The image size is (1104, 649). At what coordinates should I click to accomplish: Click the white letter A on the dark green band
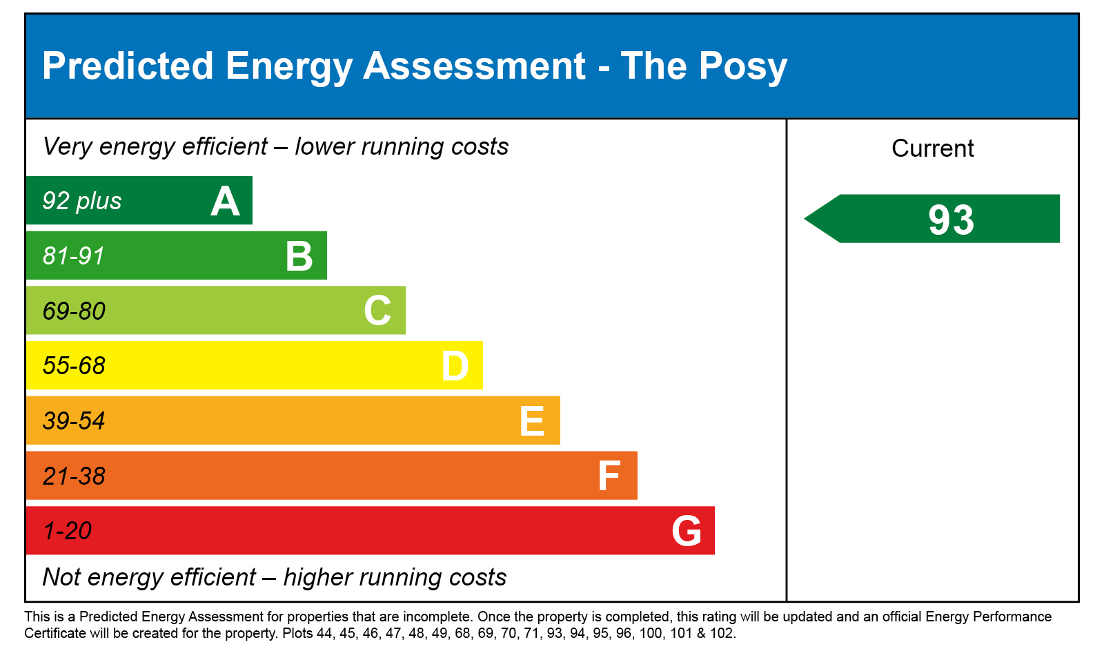pos(225,202)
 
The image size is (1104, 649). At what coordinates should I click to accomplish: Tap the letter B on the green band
pos(299,256)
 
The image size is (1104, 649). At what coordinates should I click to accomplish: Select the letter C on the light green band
pos(377,311)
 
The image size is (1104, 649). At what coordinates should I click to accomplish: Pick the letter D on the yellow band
pos(455,366)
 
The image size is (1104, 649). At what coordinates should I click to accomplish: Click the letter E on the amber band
pos(532,421)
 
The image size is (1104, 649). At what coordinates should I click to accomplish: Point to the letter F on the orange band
pos(609,476)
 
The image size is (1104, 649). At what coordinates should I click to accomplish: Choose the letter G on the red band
pos(687,531)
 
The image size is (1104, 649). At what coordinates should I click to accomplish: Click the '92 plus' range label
pos(82,201)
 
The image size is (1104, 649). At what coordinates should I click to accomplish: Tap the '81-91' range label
pos(73,256)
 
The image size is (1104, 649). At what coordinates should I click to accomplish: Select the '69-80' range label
pos(74,311)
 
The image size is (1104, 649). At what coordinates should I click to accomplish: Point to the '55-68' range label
pos(74,366)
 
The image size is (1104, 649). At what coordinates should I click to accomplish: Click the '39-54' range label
pos(74,421)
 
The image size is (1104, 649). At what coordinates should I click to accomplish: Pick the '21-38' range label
pos(74,476)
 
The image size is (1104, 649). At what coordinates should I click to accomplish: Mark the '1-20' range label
pos(68,531)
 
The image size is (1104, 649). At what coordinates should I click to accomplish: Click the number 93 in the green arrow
pos(951,220)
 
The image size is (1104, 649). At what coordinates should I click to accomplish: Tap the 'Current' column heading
pos(932,148)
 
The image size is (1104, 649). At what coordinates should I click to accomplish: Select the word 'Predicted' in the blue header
pos(128,66)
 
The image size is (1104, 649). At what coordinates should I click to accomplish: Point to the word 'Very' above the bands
pos(68,147)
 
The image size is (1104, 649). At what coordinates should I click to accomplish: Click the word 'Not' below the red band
pos(61,577)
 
